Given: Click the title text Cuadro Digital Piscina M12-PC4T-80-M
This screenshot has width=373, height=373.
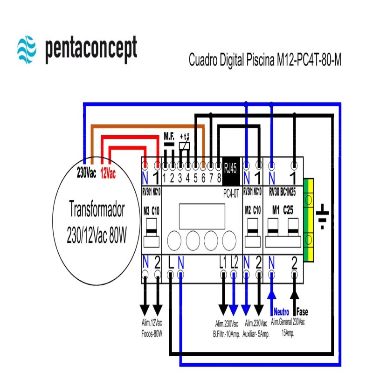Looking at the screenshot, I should pyautogui.click(x=265, y=60).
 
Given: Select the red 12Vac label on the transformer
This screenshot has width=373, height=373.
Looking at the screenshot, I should pyautogui.click(x=108, y=173).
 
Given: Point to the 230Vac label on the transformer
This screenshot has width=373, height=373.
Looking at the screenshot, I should pyautogui.click(x=86, y=173).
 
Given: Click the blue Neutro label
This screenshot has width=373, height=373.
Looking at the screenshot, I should pyautogui.click(x=281, y=311).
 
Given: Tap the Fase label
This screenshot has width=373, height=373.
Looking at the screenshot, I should pyautogui.click(x=302, y=311).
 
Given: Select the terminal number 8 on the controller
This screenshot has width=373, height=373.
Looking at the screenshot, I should pyautogui.click(x=219, y=177).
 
